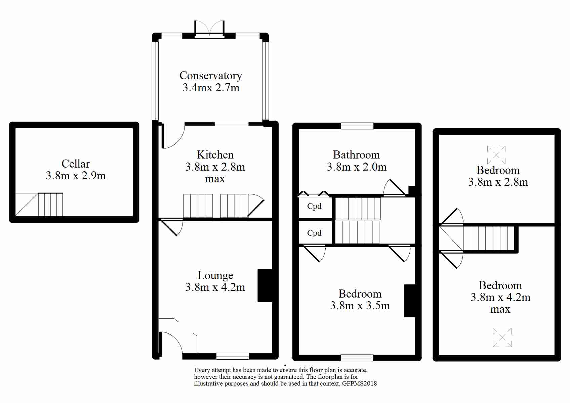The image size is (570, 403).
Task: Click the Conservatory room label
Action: click(x=211, y=76)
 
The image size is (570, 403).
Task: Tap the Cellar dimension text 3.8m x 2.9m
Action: click(x=76, y=176)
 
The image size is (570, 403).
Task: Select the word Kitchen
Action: click(x=215, y=154)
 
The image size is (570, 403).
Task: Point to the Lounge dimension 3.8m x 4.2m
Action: click(x=215, y=287)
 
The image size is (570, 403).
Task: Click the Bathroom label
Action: click(x=356, y=154)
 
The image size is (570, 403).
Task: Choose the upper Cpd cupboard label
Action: click(x=314, y=206)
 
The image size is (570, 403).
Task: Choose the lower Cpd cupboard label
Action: click(x=314, y=233)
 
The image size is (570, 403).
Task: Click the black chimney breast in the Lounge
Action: click(x=265, y=286)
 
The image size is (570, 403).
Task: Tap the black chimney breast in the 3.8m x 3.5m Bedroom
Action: click(x=410, y=301)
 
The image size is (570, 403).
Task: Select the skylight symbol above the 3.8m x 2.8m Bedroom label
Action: click(x=496, y=155)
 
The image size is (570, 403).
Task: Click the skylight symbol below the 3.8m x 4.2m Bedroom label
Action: click(x=502, y=338)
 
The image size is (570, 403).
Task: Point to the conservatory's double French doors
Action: click(x=209, y=29)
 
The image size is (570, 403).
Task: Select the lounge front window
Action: click(x=232, y=356)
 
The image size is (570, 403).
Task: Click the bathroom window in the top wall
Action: click(x=357, y=126)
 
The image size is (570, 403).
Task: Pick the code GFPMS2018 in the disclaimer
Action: click(x=359, y=384)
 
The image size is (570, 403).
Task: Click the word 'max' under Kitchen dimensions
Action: click(x=215, y=179)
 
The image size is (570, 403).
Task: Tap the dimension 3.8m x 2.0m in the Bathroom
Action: click(x=357, y=167)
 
